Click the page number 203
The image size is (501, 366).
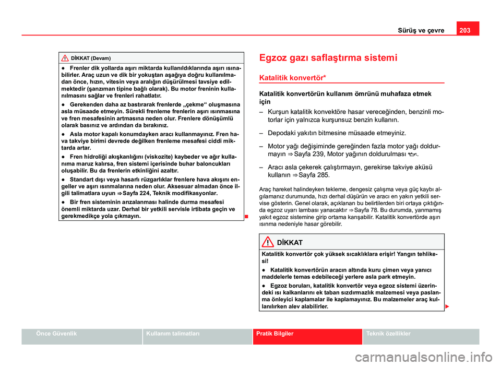pyautogui.click(x=467, y=29)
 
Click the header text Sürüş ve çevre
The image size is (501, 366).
pyautogui.click(x=422, y=30)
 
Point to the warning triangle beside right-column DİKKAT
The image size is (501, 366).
pyautogui.click(x=268, y=242)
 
